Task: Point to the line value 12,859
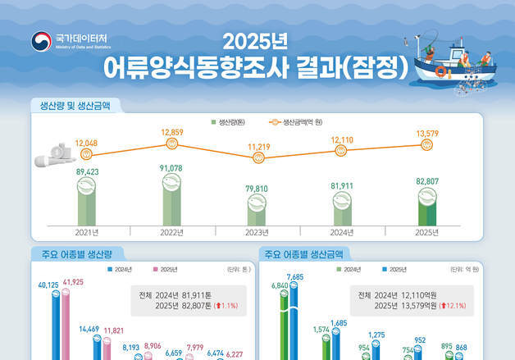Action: coord(172,131)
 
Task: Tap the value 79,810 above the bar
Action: coord(257,188)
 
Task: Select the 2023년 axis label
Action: coord(257,232)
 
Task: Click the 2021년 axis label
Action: coord(86,232)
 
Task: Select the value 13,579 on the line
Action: coord(426,133)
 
